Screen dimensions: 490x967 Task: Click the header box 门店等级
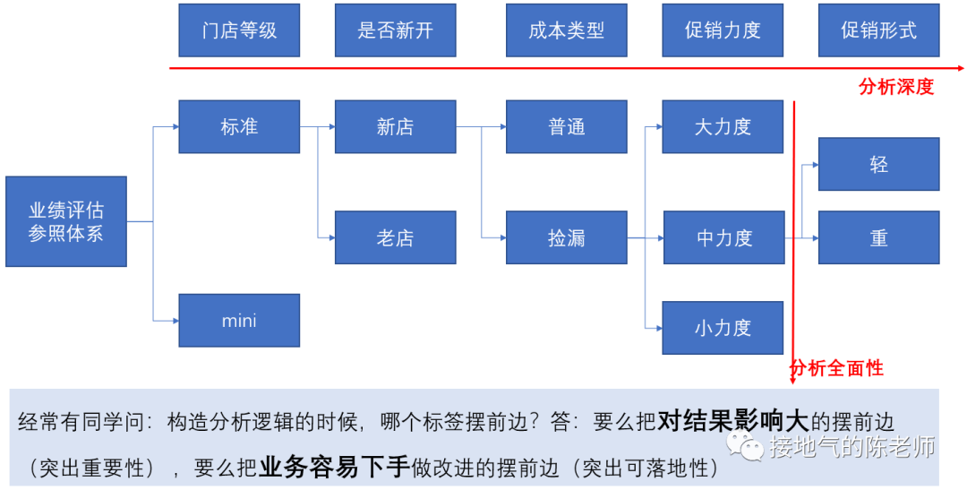click(239, 30)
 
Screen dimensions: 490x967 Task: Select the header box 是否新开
click(395, 30)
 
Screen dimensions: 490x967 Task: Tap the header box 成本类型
click(567, 30)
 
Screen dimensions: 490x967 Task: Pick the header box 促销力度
click(723, 30)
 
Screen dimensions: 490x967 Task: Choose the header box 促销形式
click(878, 30)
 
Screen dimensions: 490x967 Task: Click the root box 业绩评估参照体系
click(66, 221)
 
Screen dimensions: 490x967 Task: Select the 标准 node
click(239, 126)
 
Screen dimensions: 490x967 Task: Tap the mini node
click(239, 320)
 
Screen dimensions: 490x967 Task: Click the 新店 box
click(395, 126)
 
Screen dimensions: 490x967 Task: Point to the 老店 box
click(395, 237)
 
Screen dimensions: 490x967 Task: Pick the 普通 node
click(567, 126)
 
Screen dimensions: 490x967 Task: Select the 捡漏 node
click(567, 237)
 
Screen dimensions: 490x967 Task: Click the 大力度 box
click(723, 126)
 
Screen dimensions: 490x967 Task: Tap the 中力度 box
click(723, 237)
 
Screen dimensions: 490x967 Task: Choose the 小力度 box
click(723, 328)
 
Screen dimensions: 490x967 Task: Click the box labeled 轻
click(878, 164)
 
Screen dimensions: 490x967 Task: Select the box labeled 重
click(878, 237)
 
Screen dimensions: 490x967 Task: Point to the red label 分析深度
click(895, 87)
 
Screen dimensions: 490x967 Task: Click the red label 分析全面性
click(836, 368)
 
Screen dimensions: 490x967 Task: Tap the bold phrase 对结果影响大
click(722, 421)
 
